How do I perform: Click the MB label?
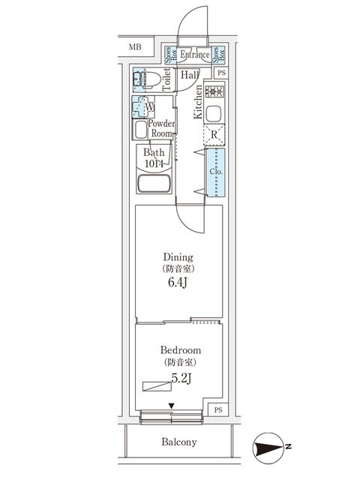(135, 46)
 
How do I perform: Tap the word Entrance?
(195, 55)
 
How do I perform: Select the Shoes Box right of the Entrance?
(219, 55)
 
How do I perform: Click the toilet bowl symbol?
(148, 80)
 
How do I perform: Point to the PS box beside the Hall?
(222, 73)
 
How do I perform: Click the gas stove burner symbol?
(215, 91)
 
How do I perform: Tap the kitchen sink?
(214, 114)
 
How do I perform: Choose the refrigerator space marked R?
(214, 135)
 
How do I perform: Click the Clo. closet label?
(216, 172)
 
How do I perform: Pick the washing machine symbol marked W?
(143, 107)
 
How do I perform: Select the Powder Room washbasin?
(141, 130)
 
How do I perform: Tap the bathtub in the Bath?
(154, 183)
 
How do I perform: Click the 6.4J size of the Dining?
(178, 282)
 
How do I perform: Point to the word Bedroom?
(181, 350)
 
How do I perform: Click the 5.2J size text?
(181, 378)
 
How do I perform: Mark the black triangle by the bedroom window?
(172, 406)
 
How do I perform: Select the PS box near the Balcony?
(218, 410)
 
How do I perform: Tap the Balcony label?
(179, 442)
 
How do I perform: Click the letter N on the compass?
(288, 447)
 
